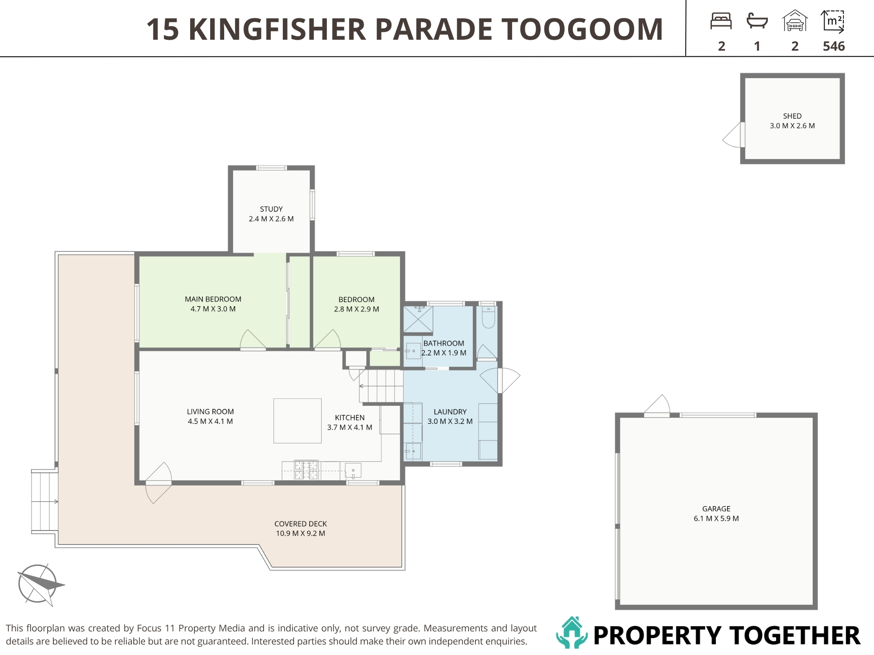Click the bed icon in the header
click(x=721, y=21)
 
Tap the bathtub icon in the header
click(x=757, y=21)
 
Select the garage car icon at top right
click(x=795, y=21)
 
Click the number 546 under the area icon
click(x=834, y=46)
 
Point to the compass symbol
click(x=38, y=584)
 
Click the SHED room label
click(x=792, y=116)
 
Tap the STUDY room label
click(x=271, y=209)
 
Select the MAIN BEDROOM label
click(x=213, y=299)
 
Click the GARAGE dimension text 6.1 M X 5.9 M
click(x=716, y=518)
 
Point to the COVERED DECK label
click(x=301, y=524)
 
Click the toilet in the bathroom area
click(x=488, y=317)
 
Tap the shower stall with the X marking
click(x=418, y=319)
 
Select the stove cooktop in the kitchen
click(x=306, y=470)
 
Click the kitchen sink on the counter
click(x=353, y=471)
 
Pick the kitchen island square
click(x=298, y=421)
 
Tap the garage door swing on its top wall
click(x=657, y=406)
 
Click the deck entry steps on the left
click(x=45, y=501)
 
